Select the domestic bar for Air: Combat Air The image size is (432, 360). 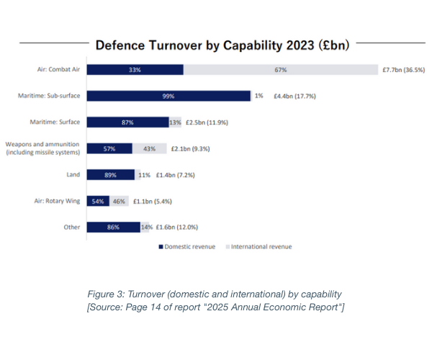(x=135, y=70)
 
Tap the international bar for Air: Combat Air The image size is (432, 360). (x=281, y=70)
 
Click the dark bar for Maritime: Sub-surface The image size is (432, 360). (x=168, y=96)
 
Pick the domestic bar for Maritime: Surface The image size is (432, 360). (x=127, y=122)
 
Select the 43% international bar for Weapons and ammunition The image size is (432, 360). (x=149, y=148)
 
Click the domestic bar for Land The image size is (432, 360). (x=110, y=174)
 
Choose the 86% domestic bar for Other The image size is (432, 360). (x=114, y=227)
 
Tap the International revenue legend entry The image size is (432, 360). (x=261, y=247)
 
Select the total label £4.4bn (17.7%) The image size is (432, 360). (x=296, y=96)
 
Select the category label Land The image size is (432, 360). (x=73, y=174)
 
